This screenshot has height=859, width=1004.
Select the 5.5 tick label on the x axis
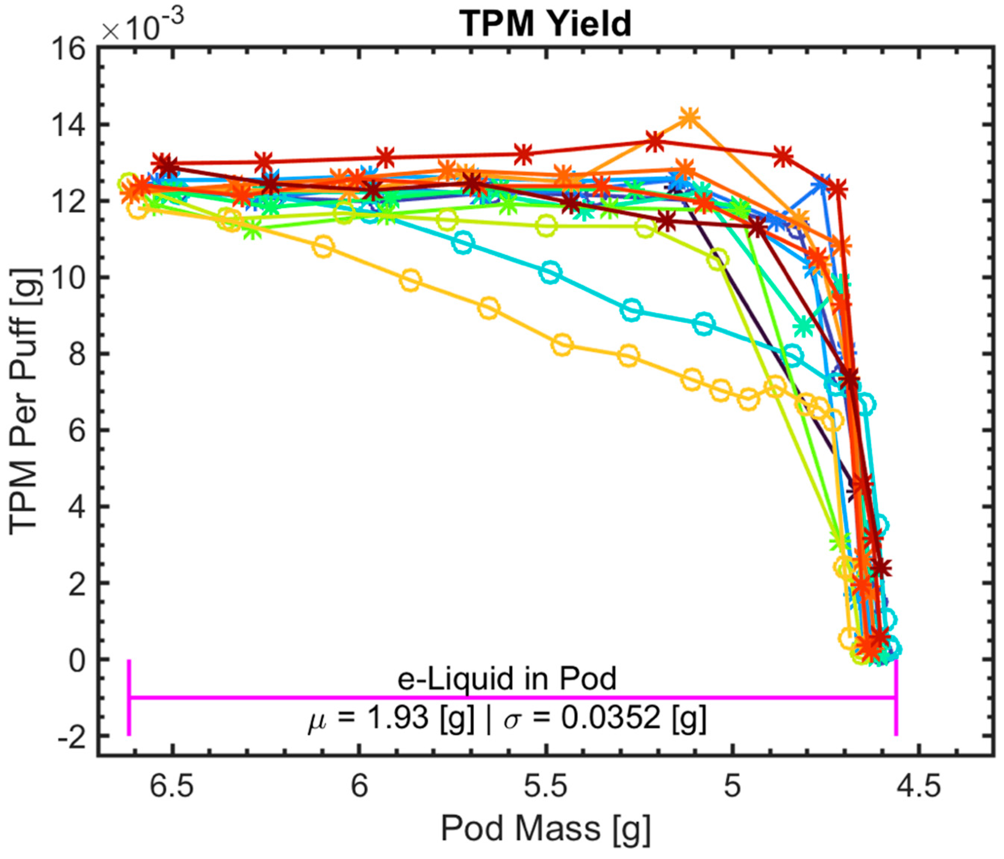pos(546,786)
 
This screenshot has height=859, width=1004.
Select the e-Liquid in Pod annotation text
pos(507,679)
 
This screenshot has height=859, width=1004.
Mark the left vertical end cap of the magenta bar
pos(129,697)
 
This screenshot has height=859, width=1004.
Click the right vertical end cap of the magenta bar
pos(895,697)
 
